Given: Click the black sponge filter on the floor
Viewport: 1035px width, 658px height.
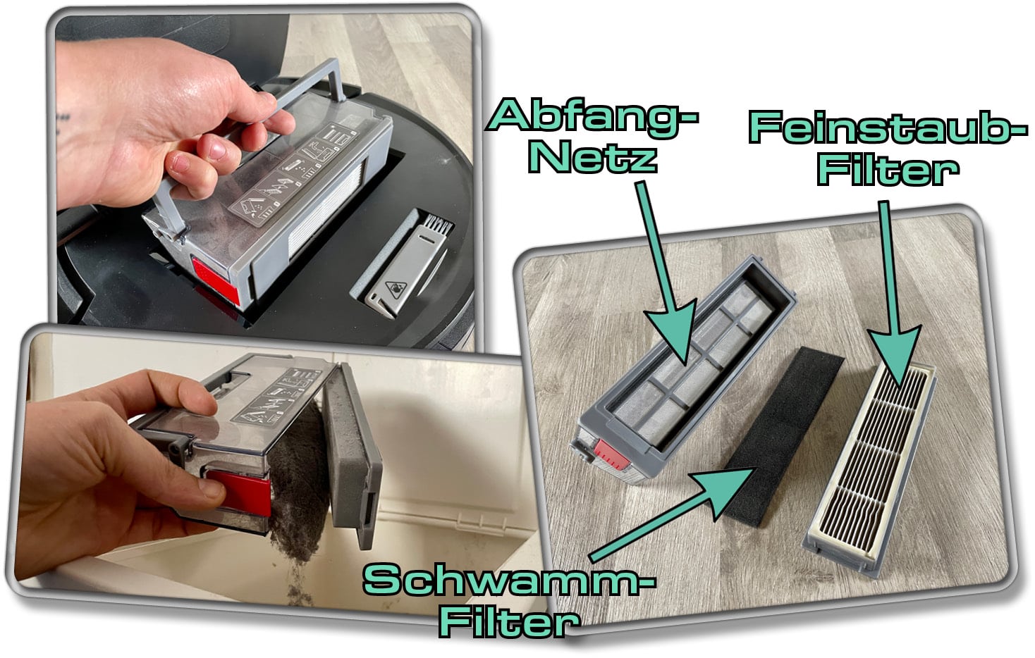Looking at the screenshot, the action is (x=784, y=437).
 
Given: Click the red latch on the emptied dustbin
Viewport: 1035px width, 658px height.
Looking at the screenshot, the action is (x=611, y=455).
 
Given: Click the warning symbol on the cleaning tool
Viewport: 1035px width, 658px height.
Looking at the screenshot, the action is (x=396, y=290).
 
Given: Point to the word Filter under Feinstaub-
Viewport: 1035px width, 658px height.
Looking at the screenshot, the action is (x=888, y=169).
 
